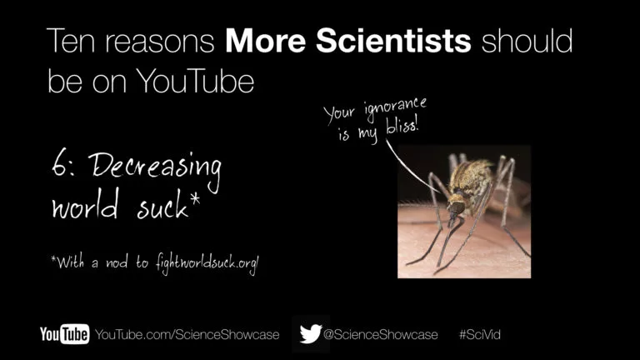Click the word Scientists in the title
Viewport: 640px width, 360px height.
[393, 41]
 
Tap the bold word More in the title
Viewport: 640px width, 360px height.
[265, 41]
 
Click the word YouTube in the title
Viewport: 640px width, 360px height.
[195, 81]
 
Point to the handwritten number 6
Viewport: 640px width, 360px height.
[60, 164]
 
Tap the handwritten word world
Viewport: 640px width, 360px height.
[85, 205]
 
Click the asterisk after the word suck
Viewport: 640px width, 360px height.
[195, 200]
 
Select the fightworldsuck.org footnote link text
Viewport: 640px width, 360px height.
[207, 262]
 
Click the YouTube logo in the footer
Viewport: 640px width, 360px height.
[64, 334]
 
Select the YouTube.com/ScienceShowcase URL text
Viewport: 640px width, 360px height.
[187, 335]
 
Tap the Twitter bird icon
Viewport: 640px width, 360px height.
[311, 334]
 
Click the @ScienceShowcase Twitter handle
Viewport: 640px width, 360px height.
[380, 335]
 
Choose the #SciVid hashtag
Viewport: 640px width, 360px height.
[480, 335]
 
